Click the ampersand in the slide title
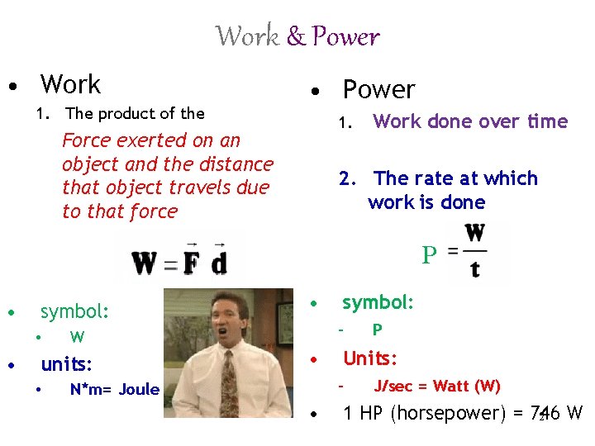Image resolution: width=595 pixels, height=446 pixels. (296, 37)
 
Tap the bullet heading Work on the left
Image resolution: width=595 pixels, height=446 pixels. (70, 84)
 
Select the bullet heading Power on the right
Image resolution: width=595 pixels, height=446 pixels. (378, 89)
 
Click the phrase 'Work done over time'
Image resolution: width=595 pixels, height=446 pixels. (470, 122)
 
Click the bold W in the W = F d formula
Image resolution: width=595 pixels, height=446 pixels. (145, 263)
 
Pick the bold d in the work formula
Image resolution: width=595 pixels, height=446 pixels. (218, 263)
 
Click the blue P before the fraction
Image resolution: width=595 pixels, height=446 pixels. (428, 256)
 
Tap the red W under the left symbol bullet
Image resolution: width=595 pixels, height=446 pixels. (77, 336)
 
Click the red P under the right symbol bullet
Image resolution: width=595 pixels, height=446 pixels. (377, 330)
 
